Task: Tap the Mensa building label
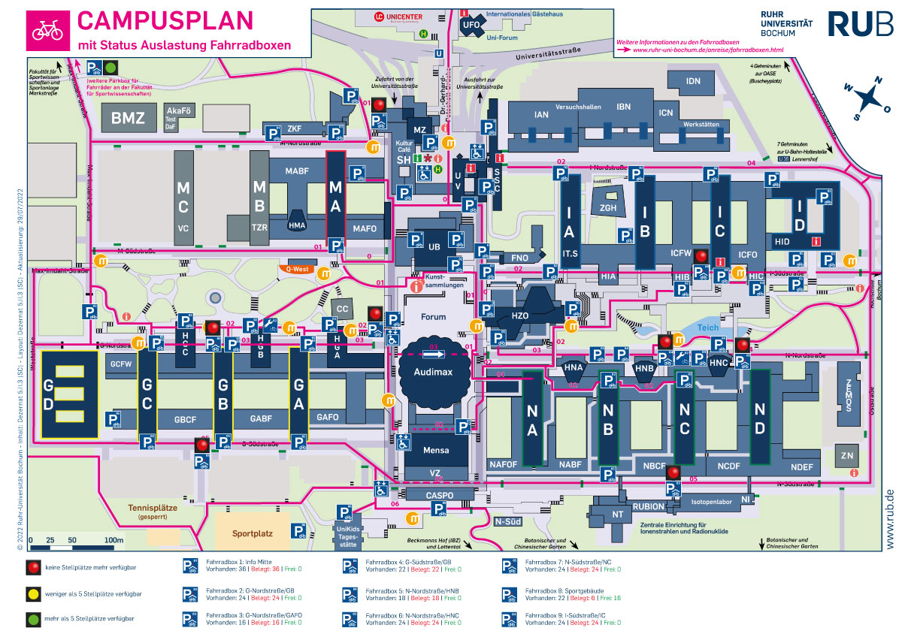(x=436, y=451)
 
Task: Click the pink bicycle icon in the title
(x=47, y=30)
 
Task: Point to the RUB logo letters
(x=861, y=23)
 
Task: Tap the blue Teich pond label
(x=708, y=328)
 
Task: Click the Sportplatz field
(x=252, y=534)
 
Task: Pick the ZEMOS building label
(x=847, y=394)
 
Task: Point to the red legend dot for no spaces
(x=32, y=569)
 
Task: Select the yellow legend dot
(x=32, y=593)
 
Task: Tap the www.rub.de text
(x=889, y=518)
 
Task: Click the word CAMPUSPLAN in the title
(x=165, y=20)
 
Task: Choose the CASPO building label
(x=440, y=496)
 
